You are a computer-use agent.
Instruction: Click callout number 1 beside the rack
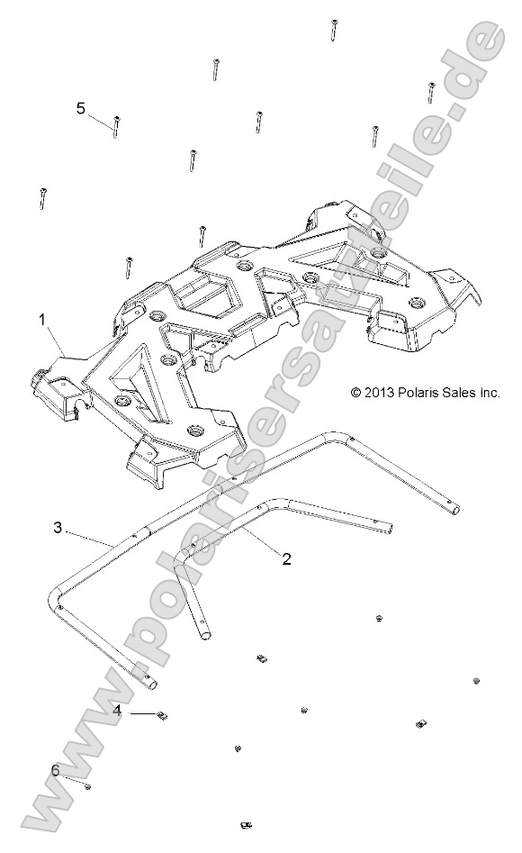point(40,320)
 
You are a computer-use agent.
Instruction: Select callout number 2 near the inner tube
point(286,559)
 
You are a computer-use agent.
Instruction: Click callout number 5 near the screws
point(81,108)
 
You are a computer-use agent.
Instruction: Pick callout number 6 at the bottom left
point(56,771)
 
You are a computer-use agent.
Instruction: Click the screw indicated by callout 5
point(116,126)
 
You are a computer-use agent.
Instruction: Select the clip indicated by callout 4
point(163,716)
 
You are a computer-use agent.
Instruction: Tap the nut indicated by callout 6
point(87,786)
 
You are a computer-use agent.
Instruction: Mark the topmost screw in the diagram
point(334,30)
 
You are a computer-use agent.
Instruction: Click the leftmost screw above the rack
point(42,198)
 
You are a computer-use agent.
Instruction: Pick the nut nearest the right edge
point(476,681)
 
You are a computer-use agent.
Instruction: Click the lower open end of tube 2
point(205,635)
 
